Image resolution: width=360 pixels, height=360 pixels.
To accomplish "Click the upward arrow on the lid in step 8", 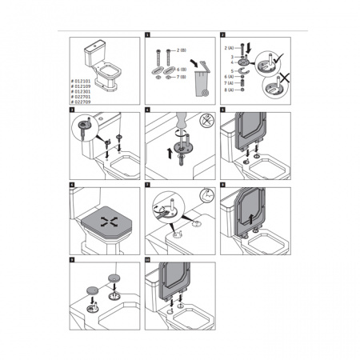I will coord(254,217).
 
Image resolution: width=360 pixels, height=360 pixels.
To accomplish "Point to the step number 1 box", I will coord(147,36).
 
